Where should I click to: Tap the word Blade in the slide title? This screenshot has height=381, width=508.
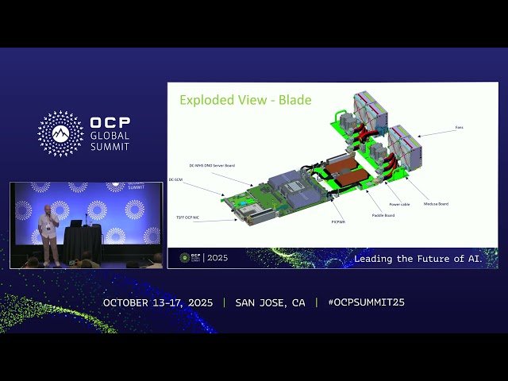(x=296, y=100)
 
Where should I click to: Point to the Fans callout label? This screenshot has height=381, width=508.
(x=460, y=126)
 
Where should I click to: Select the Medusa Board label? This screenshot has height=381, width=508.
(x=437, y=204)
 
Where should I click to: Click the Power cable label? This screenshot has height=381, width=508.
(x=399, y=204)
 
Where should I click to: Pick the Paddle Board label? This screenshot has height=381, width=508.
(x=384, y=215)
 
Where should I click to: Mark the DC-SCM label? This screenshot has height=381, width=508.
(x=177, y=179)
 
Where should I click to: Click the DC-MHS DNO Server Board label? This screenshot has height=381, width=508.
(x=212, y=165)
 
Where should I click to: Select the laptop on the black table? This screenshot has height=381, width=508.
(x=76, y=223)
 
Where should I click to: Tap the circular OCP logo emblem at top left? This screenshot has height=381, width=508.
(x=60, y=133)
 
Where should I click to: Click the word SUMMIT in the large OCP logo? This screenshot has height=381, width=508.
(x=109, y=147)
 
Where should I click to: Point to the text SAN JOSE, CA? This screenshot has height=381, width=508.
(x=271, y=302)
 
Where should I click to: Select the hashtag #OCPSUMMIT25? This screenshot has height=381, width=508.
(x=360, y=302)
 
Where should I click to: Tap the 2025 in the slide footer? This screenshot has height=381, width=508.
(x=215, y=258)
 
